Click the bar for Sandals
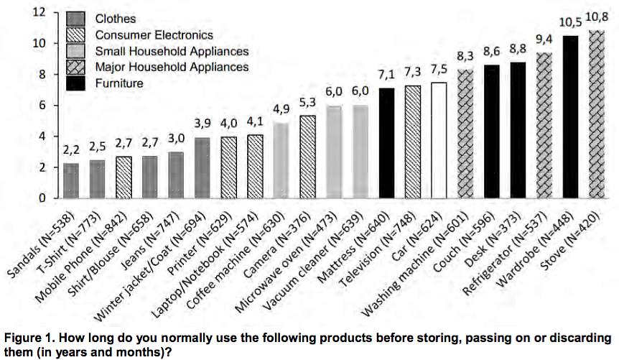71,180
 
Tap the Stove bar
596,114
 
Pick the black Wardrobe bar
570,116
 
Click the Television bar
413,142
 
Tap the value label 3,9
203,122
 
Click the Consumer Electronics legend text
154,34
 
